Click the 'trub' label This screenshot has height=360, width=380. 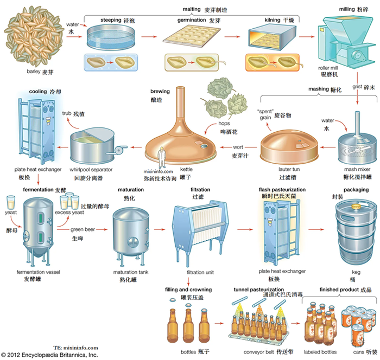[67, 113]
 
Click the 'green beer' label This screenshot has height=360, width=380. [82, 229]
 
